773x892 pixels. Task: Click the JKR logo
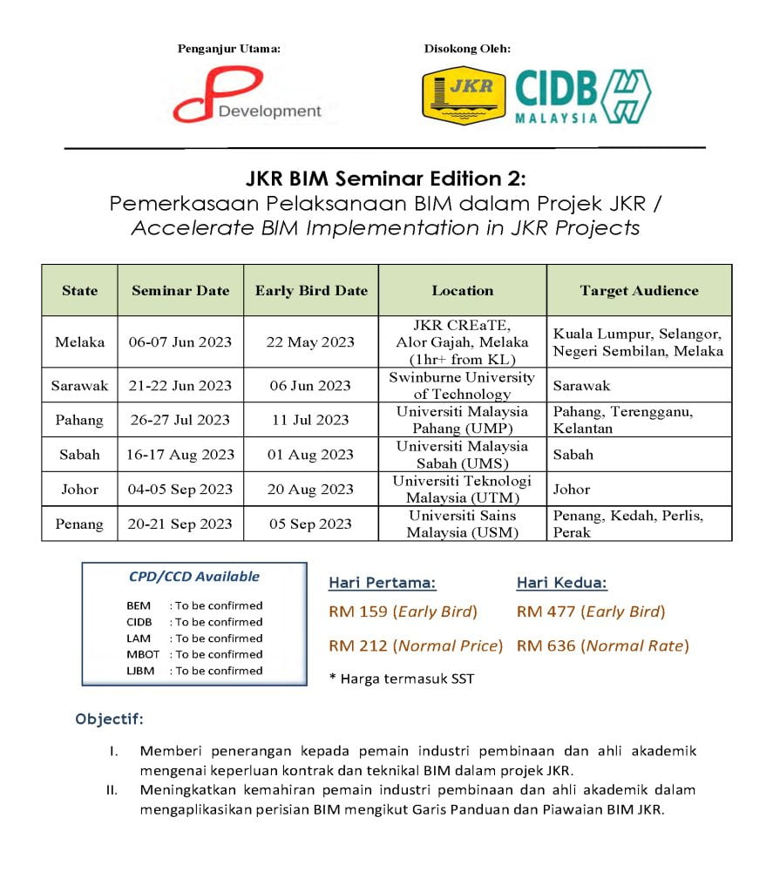464,95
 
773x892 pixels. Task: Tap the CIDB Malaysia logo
582,96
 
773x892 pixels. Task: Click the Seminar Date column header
180,291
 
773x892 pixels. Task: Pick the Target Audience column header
639,291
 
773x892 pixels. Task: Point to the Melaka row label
79,341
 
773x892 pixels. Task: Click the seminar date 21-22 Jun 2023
180,385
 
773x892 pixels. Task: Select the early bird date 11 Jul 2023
310,420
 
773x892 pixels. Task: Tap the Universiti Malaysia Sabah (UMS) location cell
462,455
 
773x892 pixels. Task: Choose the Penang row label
79,524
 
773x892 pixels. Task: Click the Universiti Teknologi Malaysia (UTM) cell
462,490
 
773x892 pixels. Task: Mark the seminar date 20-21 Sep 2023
180,524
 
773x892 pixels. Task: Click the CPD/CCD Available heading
193,577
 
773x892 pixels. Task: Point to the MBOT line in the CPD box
194,654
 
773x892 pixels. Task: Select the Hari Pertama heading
382,583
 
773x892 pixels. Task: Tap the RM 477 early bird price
590,612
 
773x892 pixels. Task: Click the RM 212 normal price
416,645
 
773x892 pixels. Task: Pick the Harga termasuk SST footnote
402,679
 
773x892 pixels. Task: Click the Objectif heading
110,720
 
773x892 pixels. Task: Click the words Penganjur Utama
229,49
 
